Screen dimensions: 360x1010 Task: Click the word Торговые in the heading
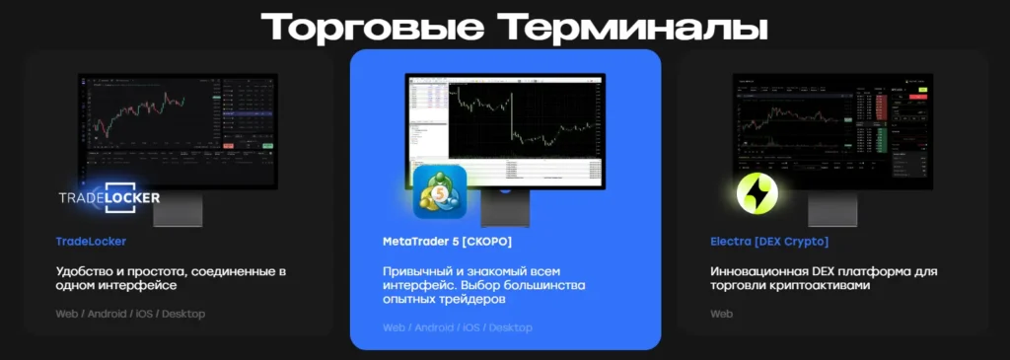pos(369,27)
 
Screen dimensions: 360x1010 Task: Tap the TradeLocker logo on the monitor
pos(108,197)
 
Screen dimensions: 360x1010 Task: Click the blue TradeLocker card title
pos(91,241)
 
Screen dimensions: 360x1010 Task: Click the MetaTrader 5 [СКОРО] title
pos(447,241)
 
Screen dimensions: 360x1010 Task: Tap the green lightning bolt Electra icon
pos(757,193)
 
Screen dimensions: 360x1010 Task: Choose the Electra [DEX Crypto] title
pos(769,241)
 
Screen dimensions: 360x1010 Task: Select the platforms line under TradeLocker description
pos(130,314)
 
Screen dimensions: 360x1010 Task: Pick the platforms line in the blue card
pos(457,326)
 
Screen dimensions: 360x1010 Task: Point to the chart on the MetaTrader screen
pos(523,118)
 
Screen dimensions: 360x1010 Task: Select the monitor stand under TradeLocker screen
pos(179,209)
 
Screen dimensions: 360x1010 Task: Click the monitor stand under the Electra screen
pos(832,209)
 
